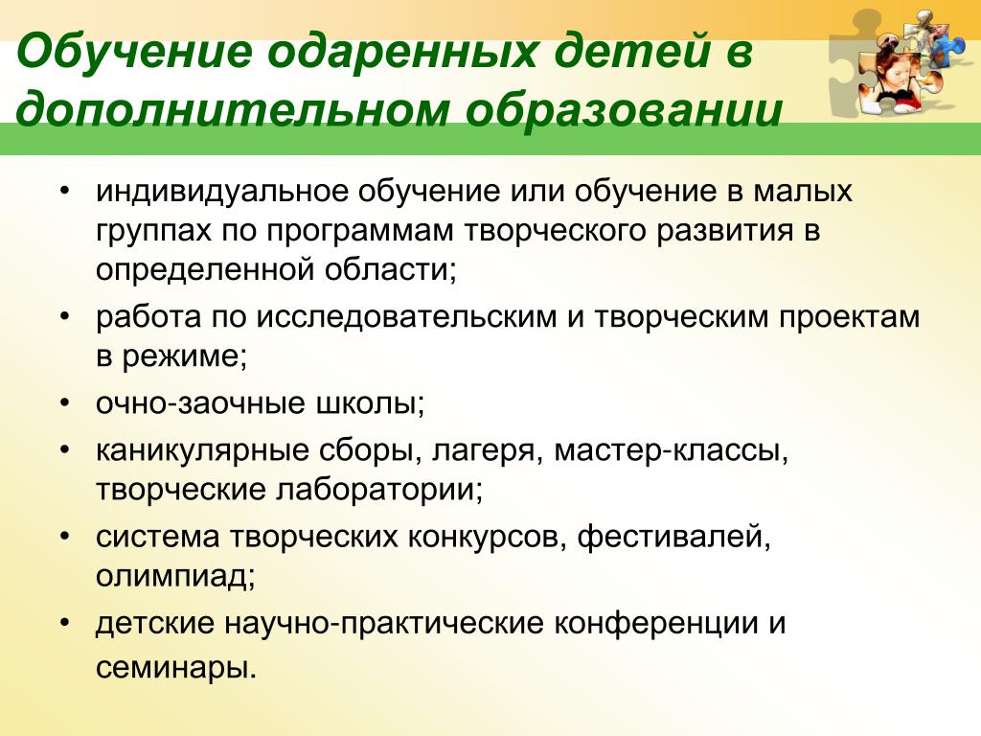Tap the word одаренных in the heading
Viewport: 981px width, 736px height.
click(402, 53)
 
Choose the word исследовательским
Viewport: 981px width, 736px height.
click(405, 317)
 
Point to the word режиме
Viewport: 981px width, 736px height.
click(185, 357)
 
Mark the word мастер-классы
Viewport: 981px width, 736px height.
click(671, 450)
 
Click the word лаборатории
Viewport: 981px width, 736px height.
click(379, 490)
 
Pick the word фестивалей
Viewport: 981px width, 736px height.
click(673, 537)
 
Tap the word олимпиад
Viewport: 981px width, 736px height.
click(175, 576)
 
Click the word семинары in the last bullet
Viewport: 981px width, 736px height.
click(176, 668)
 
